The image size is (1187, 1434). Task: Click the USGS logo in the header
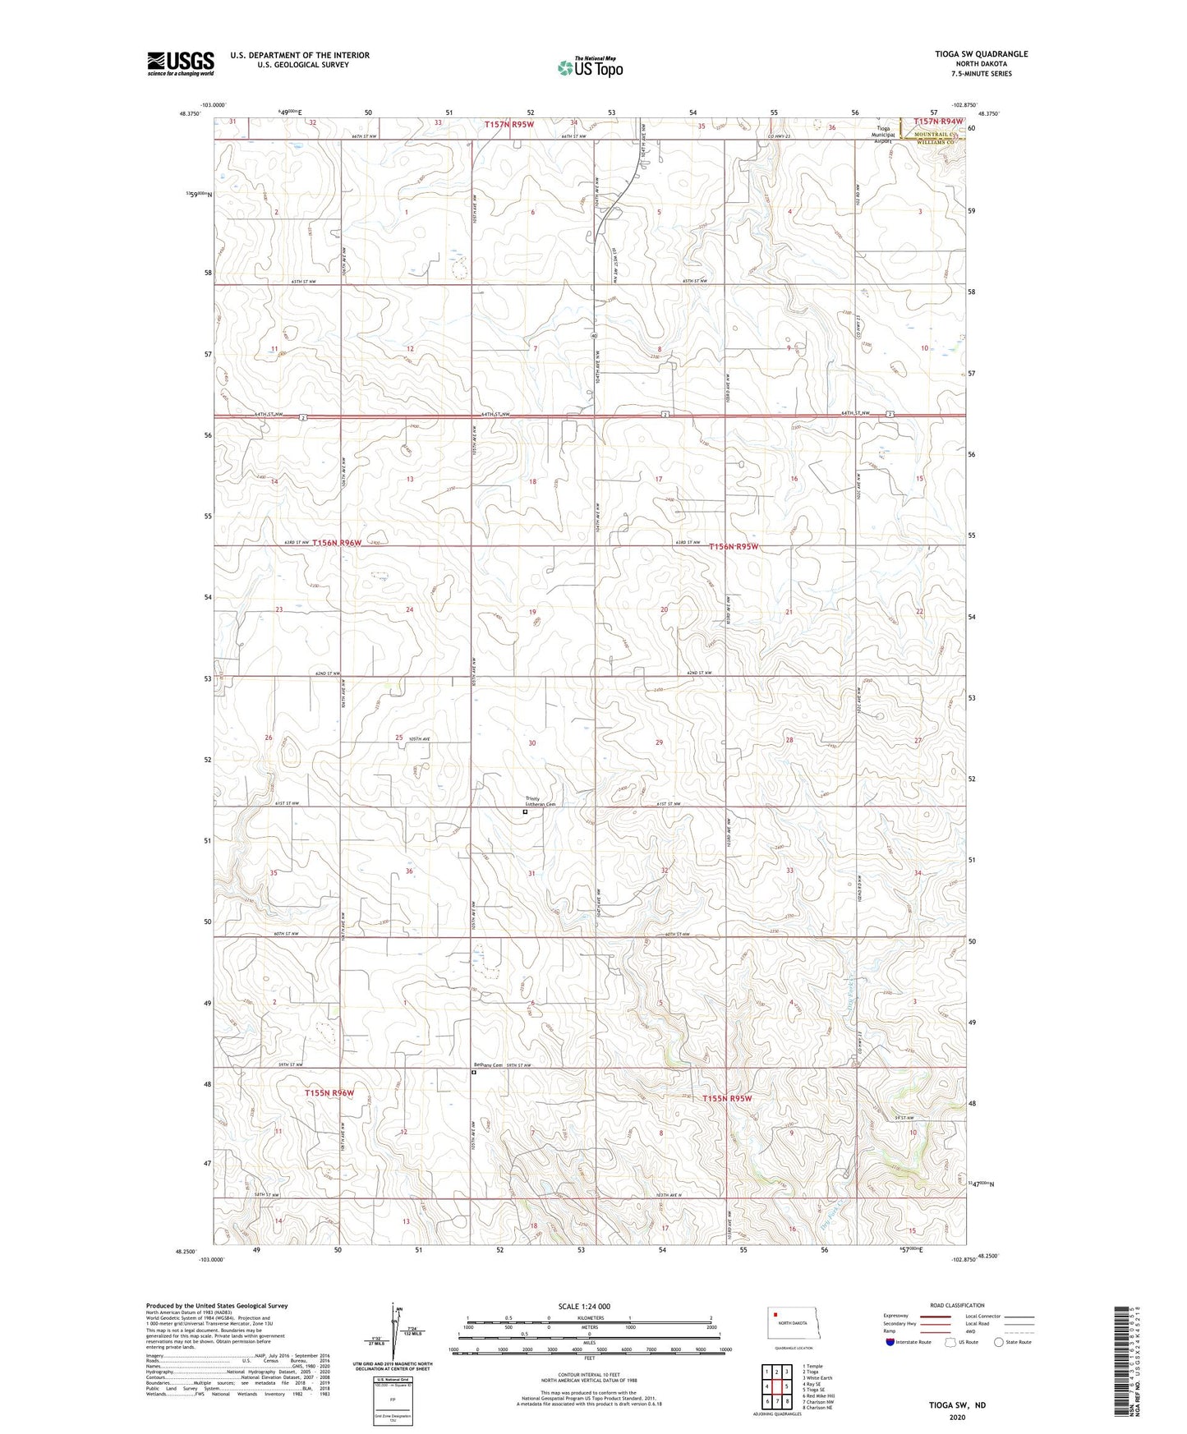(x=180, y=63)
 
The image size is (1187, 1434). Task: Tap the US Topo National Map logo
(x=590, y=67)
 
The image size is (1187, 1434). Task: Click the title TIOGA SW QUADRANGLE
(x=981, y=54)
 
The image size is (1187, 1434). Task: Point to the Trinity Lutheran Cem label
(x=541, y=801)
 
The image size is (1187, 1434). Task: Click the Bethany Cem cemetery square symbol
(x=474, y=1072)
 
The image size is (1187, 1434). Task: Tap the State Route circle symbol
(x=999, y=1342)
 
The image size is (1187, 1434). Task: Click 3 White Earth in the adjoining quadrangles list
(x=817, y=1377)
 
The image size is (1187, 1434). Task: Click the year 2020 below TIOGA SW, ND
(x=957, y=1417)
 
